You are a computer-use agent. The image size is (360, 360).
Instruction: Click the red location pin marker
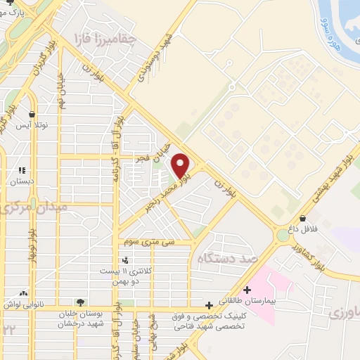click(x=181, y=165)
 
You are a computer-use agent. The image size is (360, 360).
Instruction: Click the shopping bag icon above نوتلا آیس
click(x=32, y=114)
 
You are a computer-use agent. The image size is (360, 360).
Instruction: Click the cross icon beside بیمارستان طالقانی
click(x=246, y=290)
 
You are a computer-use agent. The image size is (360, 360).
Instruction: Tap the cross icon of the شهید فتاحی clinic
click(x=209, y=305)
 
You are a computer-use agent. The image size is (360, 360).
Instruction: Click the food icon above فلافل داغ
click(x=302, y=218)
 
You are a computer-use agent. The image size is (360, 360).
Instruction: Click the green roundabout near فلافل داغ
click(x=283, y=236)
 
